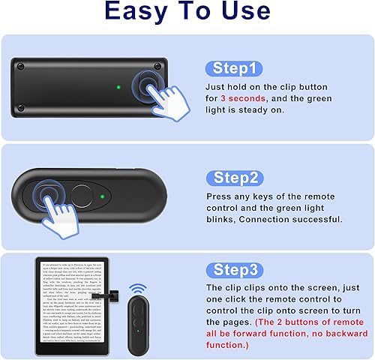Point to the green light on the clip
tap(119, 88)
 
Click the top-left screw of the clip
tap(21, 67)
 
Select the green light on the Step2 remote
tap(101, 198)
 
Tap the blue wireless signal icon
tap(137, 288)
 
